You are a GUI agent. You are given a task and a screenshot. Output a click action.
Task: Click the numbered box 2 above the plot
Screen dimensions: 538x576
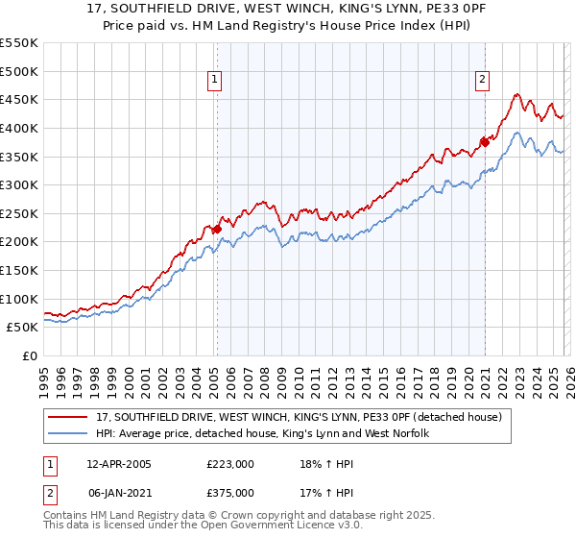[481, 81]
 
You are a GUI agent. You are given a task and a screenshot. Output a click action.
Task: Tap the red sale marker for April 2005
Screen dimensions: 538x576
[217, 229]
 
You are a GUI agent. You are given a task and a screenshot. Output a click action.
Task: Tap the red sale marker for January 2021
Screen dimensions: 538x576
[484, 142]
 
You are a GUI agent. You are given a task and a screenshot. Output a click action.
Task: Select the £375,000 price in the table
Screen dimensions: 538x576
[230, 493]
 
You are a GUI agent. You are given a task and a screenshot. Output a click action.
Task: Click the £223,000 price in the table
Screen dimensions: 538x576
[230, 464]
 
